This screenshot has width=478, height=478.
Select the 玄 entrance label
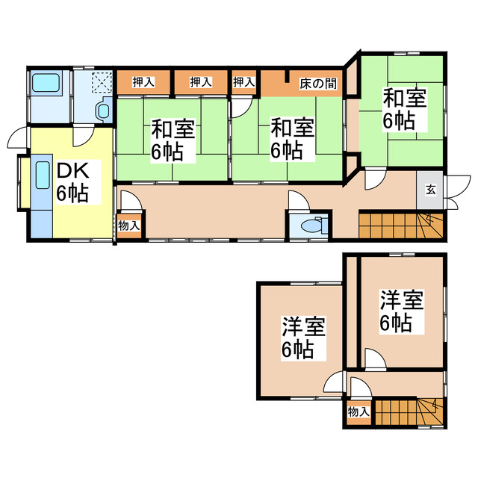pyautogui.click(x=431, y=190)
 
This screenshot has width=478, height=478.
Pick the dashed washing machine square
pyautogui.click(x=101, y=81)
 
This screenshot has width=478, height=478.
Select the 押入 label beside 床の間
pyautogui.click(x=243, y=82)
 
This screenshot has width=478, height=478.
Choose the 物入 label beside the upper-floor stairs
pyautogui.click(x=358, y=412)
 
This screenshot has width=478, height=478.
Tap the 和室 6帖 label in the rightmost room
pyautogui.click(x=406, y=110)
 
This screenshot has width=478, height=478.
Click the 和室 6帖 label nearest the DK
pyautogui.click(x=173, y=140)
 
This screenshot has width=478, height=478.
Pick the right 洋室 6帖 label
pyautogui.click(x=401, y=311)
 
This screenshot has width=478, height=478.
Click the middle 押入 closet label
pyautogui.click(x=199, y=82)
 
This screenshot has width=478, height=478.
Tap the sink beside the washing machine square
pyautogui.click(x=102, y=110)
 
